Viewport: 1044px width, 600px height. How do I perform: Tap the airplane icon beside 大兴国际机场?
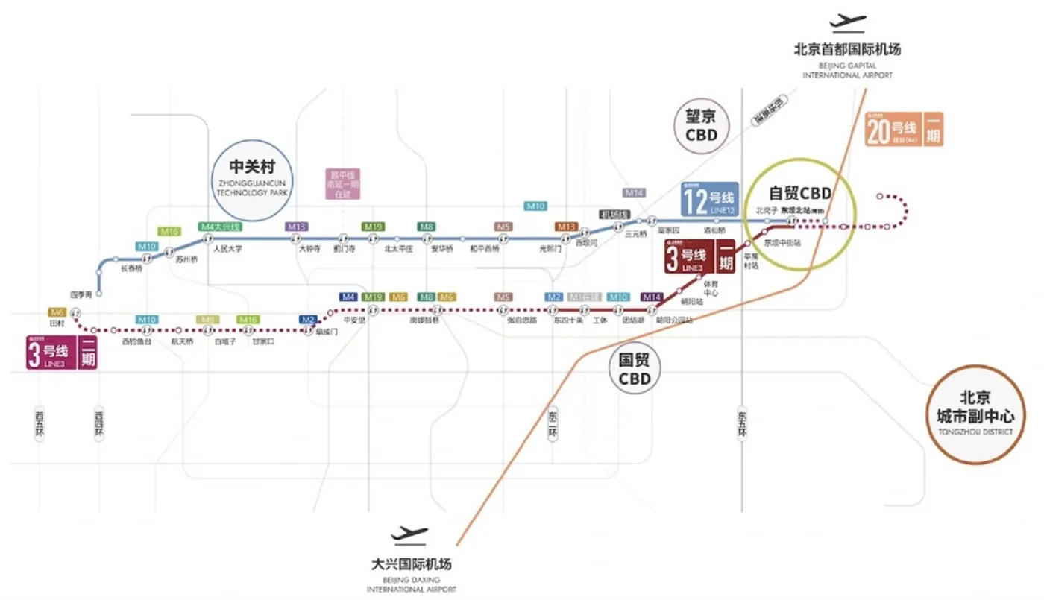click(x=410, y=534)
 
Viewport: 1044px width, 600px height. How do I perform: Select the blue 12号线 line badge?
click(x=708, y=200)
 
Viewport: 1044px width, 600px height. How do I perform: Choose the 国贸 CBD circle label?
click(x=635, y=369)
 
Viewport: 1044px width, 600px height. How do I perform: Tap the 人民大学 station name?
click(x=227, y=249)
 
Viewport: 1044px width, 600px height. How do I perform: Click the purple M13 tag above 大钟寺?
click(x=296, y=226)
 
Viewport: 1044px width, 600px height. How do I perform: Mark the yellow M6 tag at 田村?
click(x=57, y=312)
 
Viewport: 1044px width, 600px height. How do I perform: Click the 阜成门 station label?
click(x=326, y=332)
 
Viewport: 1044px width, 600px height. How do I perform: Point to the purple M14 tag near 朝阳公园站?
click(x=652, y=297)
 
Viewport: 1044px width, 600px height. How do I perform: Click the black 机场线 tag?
click(x=615, y=215)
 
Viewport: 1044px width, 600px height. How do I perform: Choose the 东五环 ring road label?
click(x=742, y=423)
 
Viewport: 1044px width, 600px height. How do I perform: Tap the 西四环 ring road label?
click(x=100, y=423)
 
